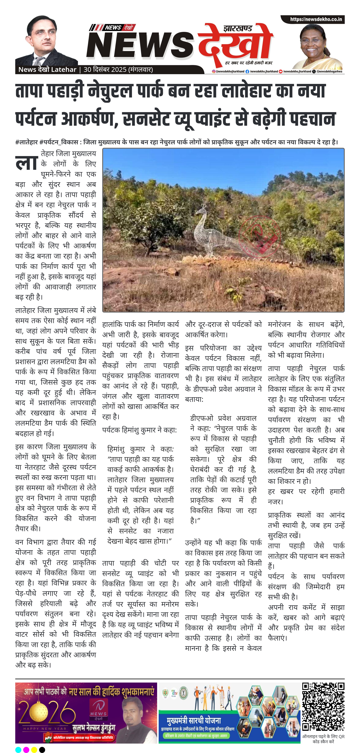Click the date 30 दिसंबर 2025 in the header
point(105,70)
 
